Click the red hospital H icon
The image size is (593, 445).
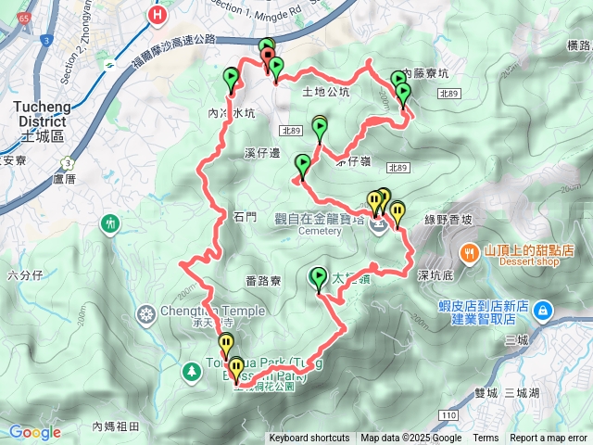tap(158, 15)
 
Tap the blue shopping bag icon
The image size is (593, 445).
tap(544, 308)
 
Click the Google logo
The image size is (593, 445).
tap(34, 432)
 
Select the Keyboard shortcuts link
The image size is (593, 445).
tap(309, 439)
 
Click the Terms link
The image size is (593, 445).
tap(486, 439)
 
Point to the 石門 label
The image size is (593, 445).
tap(245, 217)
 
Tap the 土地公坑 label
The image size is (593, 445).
tap(326, 92)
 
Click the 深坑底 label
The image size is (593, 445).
tap(435, 274)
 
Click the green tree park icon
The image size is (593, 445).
tap(192, 371)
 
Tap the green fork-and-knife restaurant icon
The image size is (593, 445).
tap(111, 223)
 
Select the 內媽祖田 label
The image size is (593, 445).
tap(116, 426)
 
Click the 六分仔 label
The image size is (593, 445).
tap(25, 274)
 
